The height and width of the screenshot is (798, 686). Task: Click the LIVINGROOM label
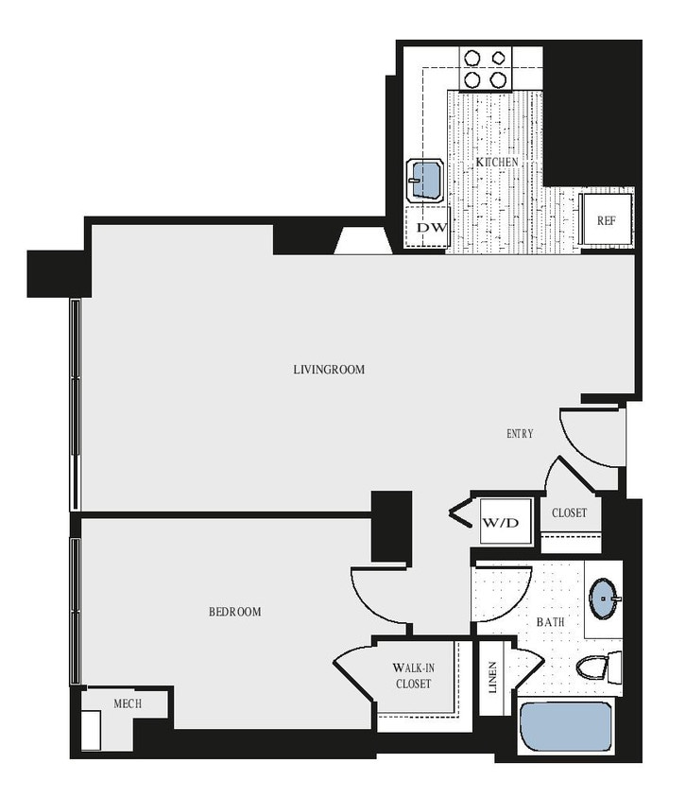[328, 369]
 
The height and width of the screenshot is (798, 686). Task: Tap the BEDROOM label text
[234, 612]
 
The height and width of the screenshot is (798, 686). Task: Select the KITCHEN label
[496, 163]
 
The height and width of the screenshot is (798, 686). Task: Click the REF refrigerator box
[606, 220]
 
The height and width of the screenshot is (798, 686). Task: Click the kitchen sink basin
[426, 179]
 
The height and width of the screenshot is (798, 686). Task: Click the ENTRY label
[520, 434]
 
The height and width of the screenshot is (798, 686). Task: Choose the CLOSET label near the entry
[570, 513]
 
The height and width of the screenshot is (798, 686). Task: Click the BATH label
[550, 623]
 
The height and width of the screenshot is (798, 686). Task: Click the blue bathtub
[565, 725]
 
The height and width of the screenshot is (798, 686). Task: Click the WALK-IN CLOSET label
[414, 676]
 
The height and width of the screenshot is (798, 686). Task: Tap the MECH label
[127, 703]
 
